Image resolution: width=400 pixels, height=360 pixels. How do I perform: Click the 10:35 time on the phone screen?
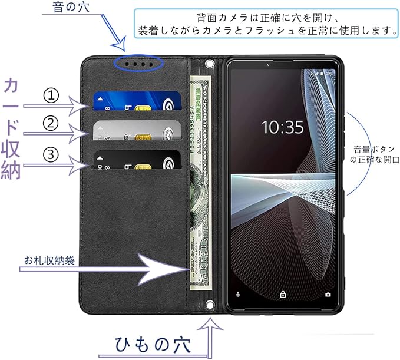click(x=282, y=127)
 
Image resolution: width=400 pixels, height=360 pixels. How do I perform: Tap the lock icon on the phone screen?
click(x=283, y=293)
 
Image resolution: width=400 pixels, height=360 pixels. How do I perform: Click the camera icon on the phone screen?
click(x=328, y=293)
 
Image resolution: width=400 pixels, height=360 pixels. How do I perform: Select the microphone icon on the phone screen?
click(x=239, y=293)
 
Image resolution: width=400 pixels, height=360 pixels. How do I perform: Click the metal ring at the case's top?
click(x=208, y=62)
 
